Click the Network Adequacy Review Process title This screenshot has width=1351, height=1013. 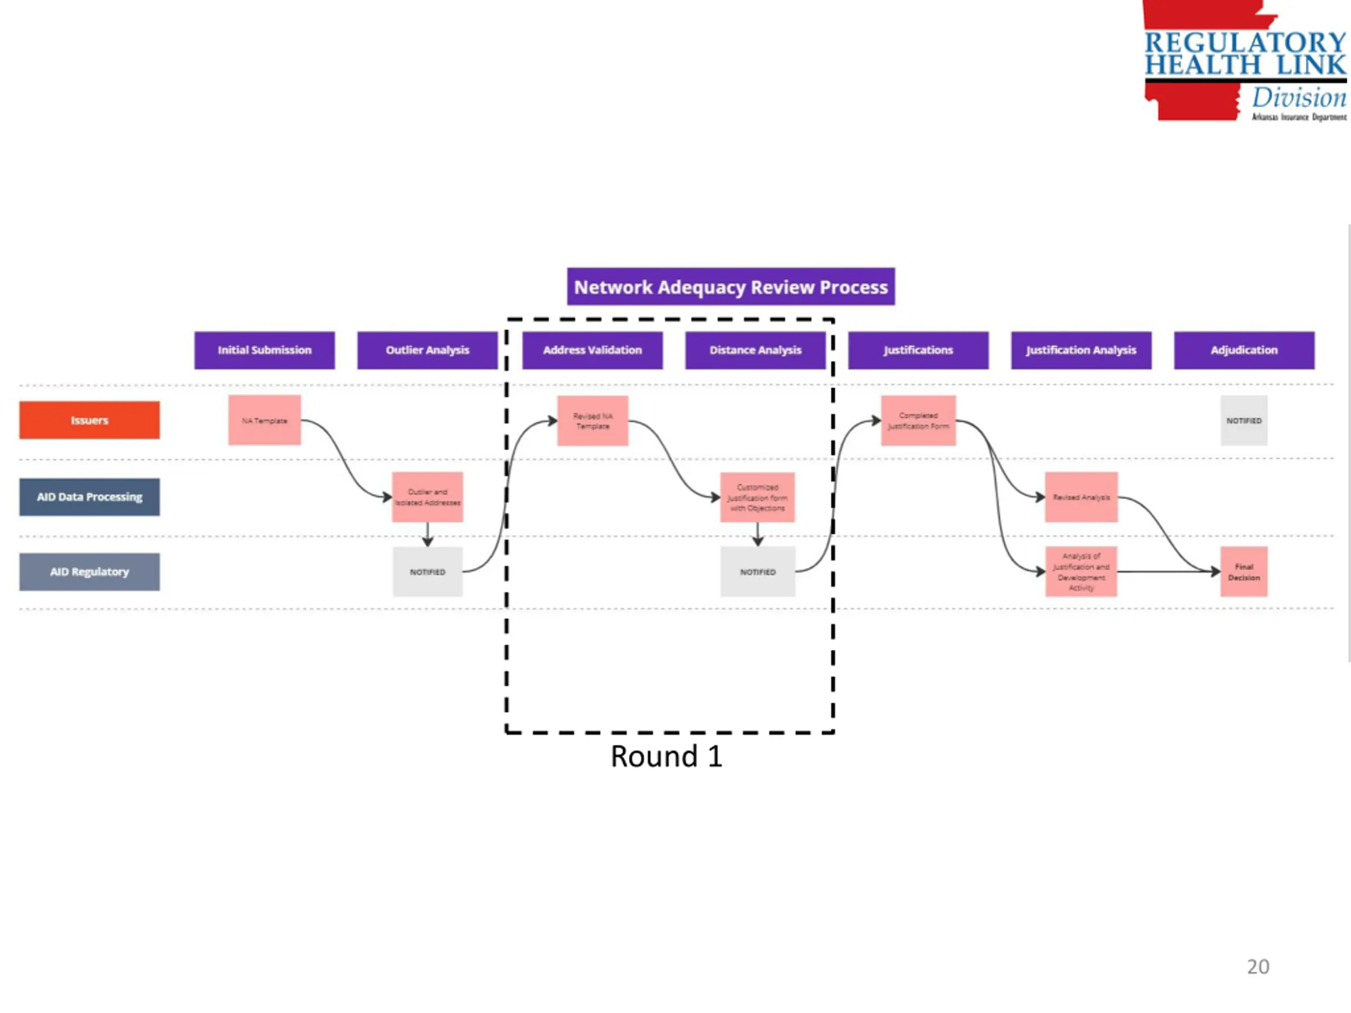[730, 286]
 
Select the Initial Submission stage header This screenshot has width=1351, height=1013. [264, 350]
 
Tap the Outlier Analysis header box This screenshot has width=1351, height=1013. [427, 350]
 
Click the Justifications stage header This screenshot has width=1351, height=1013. [918, 350]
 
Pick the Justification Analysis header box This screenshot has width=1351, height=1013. [1081, 350]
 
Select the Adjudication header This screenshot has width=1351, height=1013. [1243, 350]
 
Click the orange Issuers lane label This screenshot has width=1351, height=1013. [89, 420]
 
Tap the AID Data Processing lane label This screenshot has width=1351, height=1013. [89, 496]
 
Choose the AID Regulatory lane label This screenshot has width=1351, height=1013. [89, 571]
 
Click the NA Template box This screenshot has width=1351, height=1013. [264, 420]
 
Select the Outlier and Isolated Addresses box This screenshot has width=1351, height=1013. [427, 497]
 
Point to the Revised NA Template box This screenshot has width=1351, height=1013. [593, 421]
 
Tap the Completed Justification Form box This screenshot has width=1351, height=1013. [918, 421]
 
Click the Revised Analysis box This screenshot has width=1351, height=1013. [1081, 497]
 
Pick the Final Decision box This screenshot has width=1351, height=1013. [1243, 571]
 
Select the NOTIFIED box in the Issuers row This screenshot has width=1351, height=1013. [1243, 421]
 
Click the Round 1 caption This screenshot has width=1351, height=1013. [667, 757]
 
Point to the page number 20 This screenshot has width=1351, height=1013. [1258, 967]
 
